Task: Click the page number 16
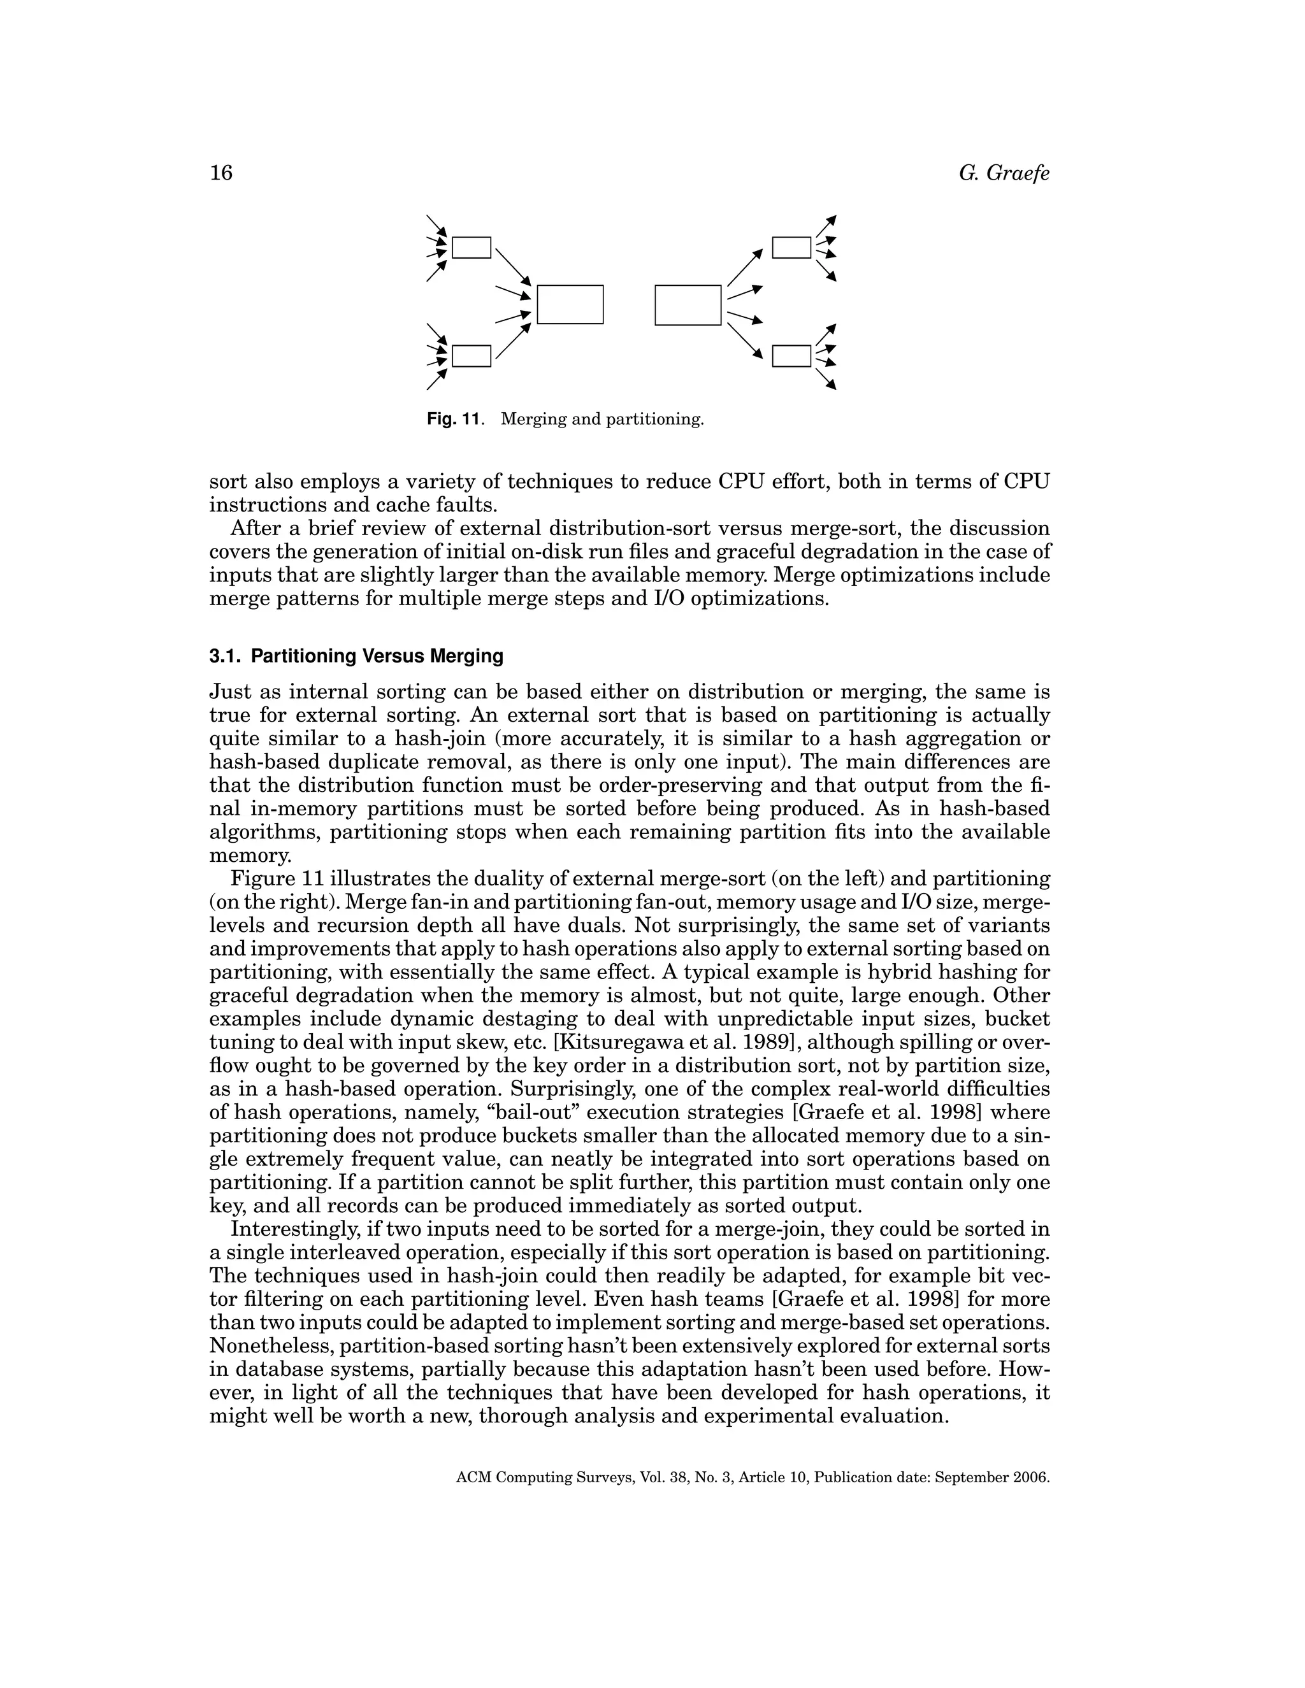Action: click(x=220, y=173)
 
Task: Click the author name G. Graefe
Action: click(x=1004, y=173)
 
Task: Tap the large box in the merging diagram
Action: click(x=570, y=304)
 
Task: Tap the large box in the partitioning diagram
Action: click(x=688, y=304)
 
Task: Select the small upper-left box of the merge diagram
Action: click(x=471, y=247)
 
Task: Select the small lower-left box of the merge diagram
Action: click(x=471, y=355)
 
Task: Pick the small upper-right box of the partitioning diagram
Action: click(x=791, y=247)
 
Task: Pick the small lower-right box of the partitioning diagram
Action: click(x=791, y=355)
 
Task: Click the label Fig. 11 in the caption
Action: click(x=454, y=420)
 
